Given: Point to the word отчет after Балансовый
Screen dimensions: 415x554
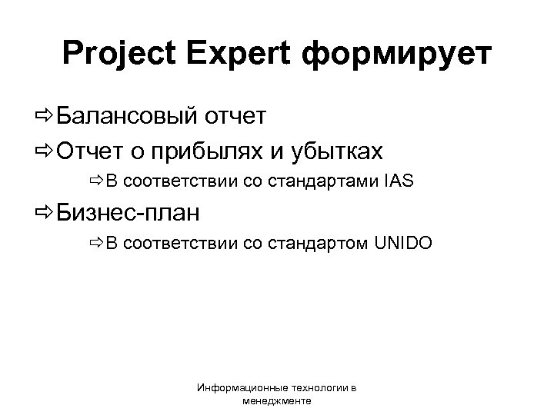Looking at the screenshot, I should (235, 116).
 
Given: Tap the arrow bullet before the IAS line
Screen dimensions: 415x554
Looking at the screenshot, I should (95, 182).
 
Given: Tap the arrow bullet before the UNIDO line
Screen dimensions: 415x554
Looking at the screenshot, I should (95, 244).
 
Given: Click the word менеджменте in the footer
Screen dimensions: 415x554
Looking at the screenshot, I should (277, 401).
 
